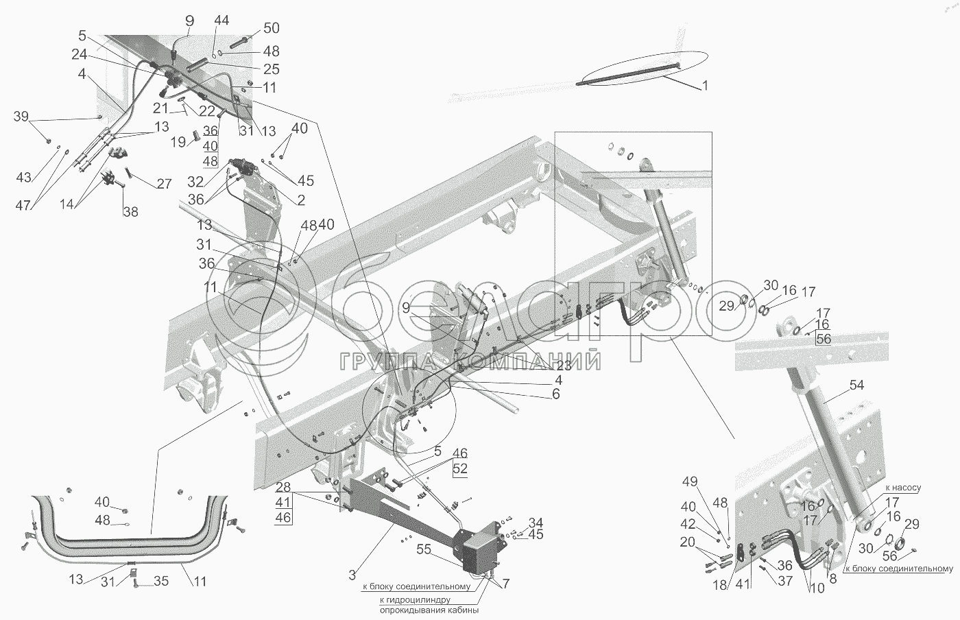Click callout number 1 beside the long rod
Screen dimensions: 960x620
click(x=705, y=86)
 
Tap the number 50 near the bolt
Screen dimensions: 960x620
click(x=272, y=28)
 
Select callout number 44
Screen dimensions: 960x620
click(x=221, y=21)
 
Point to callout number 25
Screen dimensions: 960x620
click(x=272, y=69)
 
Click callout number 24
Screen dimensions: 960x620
click(x=80, y=54)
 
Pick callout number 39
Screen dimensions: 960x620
click(x=21, y=116)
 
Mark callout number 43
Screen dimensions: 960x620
click(x=23, y=177)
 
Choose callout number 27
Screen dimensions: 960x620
click(x=164, y=184)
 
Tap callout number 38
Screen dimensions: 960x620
click(x=131, y=212)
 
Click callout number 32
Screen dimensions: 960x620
click(x=195, y=182)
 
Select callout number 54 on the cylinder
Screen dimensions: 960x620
click(x=856, y=385)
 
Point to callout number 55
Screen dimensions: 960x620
click(x=424, y=549)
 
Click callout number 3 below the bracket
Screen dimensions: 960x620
click(x=352, y=575)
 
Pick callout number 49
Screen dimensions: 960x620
click(x=690, y=481)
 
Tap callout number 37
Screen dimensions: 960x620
click(x=785, y=580)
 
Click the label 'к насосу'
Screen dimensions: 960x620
click(x=903, y=488)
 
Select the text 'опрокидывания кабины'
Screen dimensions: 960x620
click(x=429, y=610)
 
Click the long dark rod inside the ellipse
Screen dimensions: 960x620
click(x=628, y=75)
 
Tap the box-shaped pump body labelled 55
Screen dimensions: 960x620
click(x=483, y=553)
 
